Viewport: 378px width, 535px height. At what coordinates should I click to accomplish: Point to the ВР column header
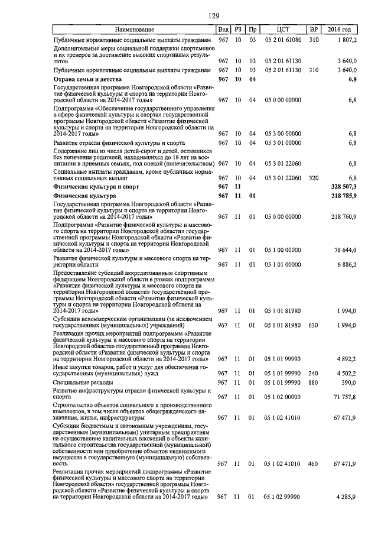[313, 30]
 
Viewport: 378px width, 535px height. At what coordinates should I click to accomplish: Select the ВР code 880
[313, 383]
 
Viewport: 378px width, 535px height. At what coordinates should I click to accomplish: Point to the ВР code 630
[313, 325]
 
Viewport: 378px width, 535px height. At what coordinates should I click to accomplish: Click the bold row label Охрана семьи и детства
[87, 79]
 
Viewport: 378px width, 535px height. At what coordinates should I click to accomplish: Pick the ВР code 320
[313, 177]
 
